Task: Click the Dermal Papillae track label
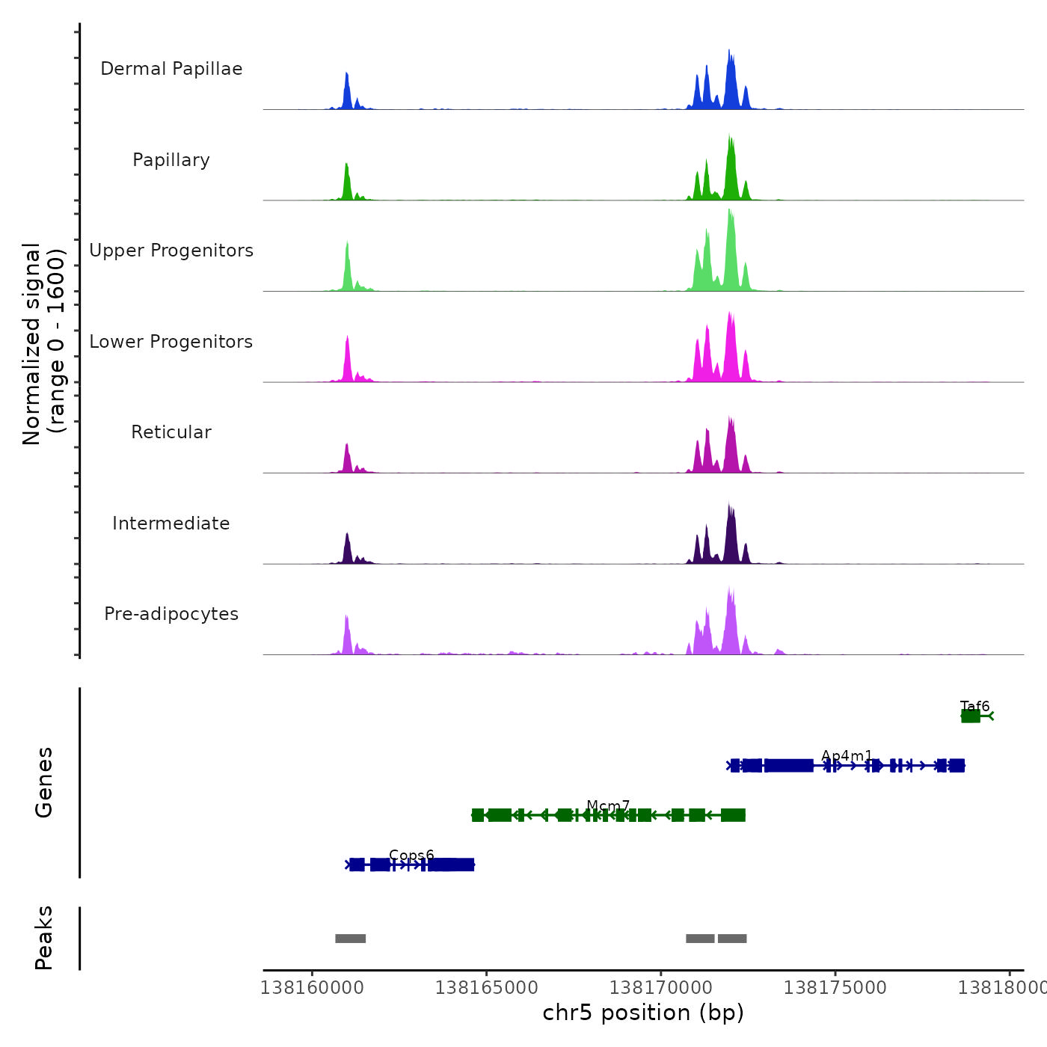point(171,69)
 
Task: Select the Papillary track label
point(171,160)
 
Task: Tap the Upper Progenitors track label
point(171,251)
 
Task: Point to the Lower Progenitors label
point(171,342)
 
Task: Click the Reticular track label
point(171,432)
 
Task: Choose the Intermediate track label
point(171,523)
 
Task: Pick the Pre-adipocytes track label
point(171,614)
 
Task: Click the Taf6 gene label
point(974,706)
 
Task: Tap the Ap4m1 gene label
point(847,755)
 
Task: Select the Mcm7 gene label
point(608,805)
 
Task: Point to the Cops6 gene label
point(411,856)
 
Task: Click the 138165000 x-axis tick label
point(486,988)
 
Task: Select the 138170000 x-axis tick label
point(661,988)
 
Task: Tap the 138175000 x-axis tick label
point(835,988)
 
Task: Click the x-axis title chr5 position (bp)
point(643,1013)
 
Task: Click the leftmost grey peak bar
point(350,939)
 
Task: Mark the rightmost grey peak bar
point(732,939)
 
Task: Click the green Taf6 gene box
point(971,716)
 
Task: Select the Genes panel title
point(44,782)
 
